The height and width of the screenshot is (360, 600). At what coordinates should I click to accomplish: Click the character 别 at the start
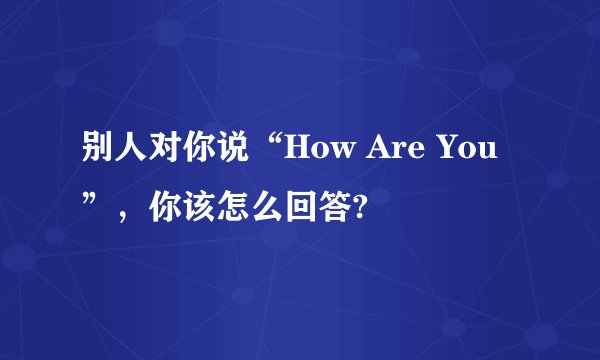97,156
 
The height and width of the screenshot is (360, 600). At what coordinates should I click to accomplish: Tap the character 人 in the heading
130,156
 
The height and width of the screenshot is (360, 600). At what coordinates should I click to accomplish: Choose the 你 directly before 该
163,208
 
